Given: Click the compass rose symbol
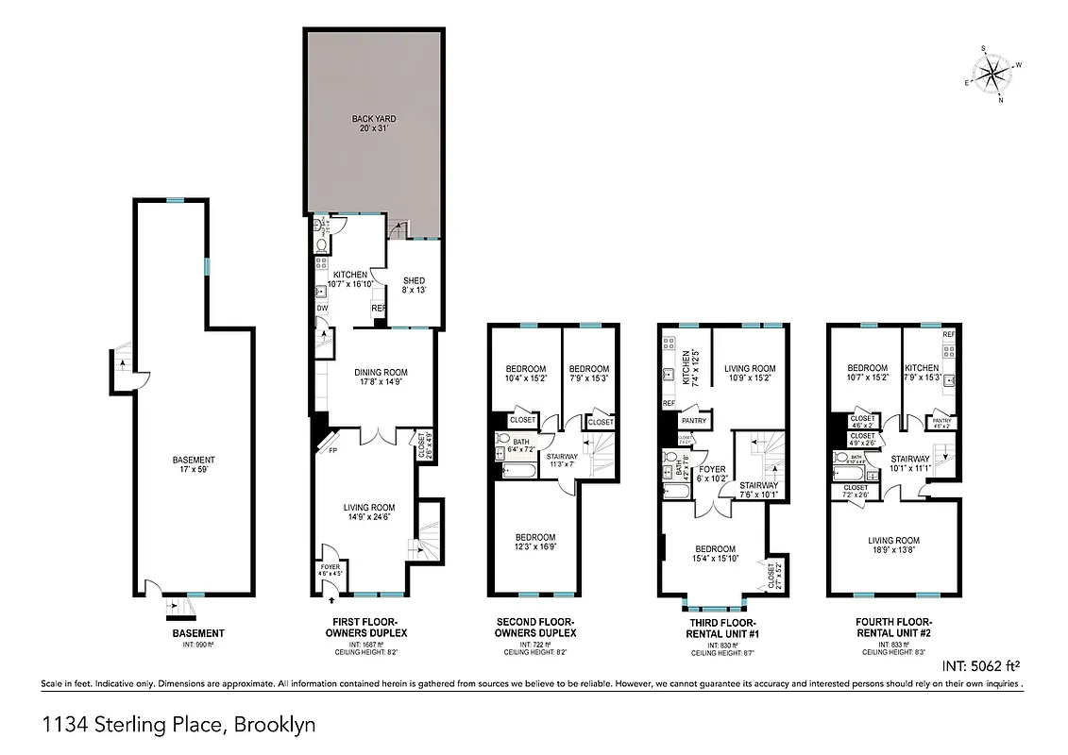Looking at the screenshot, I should point(993,73).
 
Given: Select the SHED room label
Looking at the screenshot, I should point(414,286).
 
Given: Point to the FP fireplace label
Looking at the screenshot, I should point(332,450).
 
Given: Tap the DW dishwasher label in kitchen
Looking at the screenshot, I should point(322,308).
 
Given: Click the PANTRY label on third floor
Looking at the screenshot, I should point(694,420).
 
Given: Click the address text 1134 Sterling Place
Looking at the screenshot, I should point(179,725).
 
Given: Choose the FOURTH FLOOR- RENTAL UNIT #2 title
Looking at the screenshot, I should point(892,629).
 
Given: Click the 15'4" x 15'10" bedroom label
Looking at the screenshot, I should point(715,554).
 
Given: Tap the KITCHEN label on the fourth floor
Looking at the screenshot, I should point(922,374).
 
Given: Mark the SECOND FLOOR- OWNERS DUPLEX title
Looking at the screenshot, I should point(536,629).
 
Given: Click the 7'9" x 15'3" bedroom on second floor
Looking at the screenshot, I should point(588,374).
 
